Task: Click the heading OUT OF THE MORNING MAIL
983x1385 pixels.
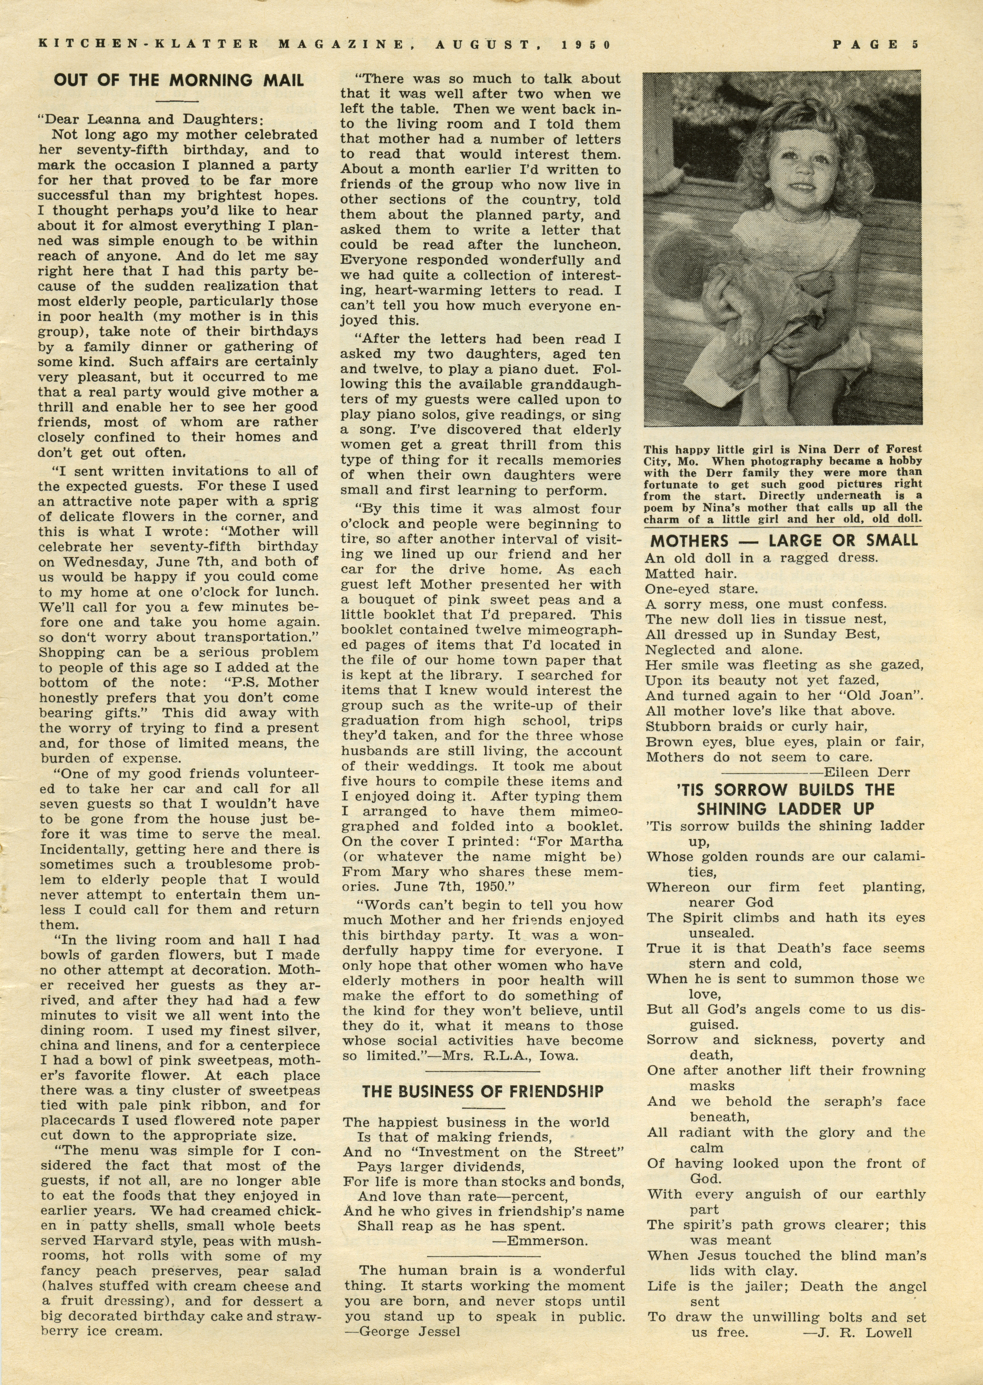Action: (x=179, y=80)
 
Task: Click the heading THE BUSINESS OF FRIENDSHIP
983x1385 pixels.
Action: (x=482, y=1092)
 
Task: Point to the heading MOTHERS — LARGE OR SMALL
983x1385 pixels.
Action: (x=784, y=540)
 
